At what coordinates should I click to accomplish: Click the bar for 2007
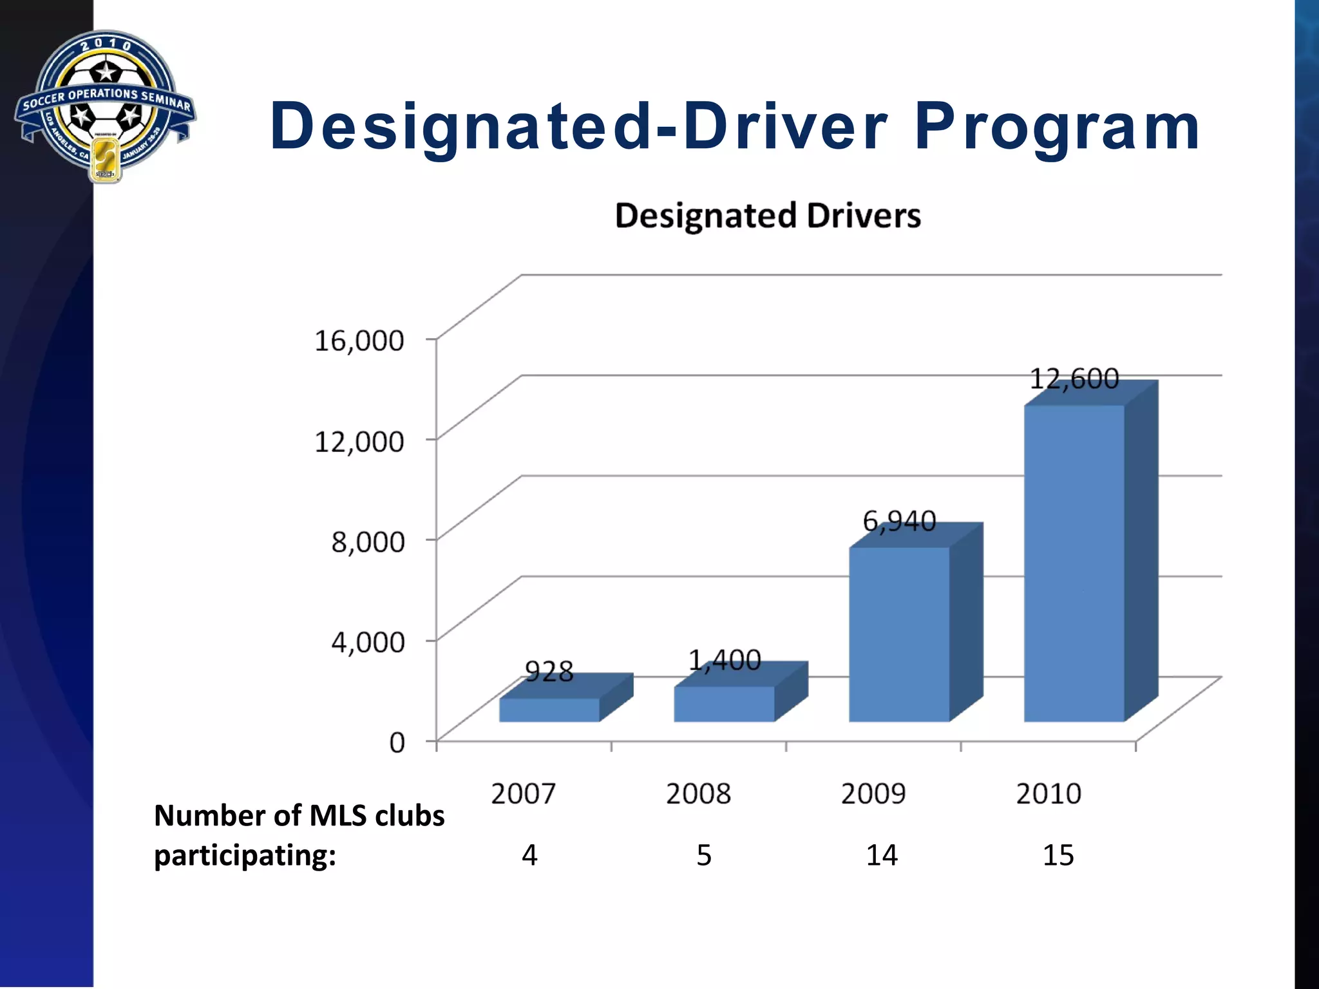point(549,709)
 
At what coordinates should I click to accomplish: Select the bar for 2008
point(724,703)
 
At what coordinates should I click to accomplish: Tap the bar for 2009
point(899,634)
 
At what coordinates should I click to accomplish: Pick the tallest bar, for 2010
point(1074,563)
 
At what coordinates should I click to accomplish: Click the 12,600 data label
point(1074,379)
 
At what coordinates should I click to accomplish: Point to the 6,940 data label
point(899,521)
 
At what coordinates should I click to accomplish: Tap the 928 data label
point(549,672)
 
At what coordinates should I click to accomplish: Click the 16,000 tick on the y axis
point(359,340)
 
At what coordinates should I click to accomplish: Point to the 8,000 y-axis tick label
point(368,542)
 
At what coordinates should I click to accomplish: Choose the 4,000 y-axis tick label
point(368,642)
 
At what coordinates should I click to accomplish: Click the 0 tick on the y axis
point(397,742)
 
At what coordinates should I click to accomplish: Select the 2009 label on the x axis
point(873,793)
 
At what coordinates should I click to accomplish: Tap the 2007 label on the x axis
point(523,793)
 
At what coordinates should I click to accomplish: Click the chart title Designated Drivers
point(768,216)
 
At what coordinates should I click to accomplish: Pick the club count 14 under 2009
point(881,855)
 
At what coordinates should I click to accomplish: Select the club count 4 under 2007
point(529,855)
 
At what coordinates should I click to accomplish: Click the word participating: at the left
point(245,856)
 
